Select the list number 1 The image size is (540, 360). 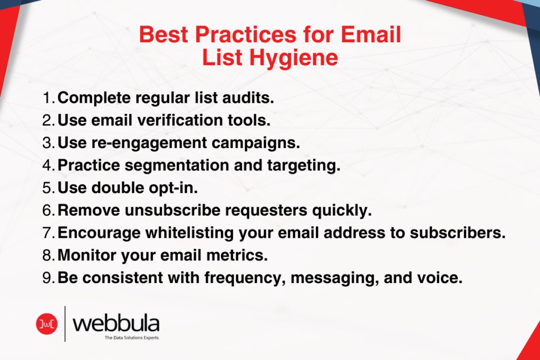pyautogui.click(x=48, y=98)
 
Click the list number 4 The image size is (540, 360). pyautogui.click(x=48, y=166)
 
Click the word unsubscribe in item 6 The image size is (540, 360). pyautogui.click(x=173, y=211)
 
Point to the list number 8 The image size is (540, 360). pyautogui.click(x=48, y=256)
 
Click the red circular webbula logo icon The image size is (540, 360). pyautogui.click(x=46, y=324)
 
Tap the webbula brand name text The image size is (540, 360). pyautogui.click(x=116, y=322)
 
